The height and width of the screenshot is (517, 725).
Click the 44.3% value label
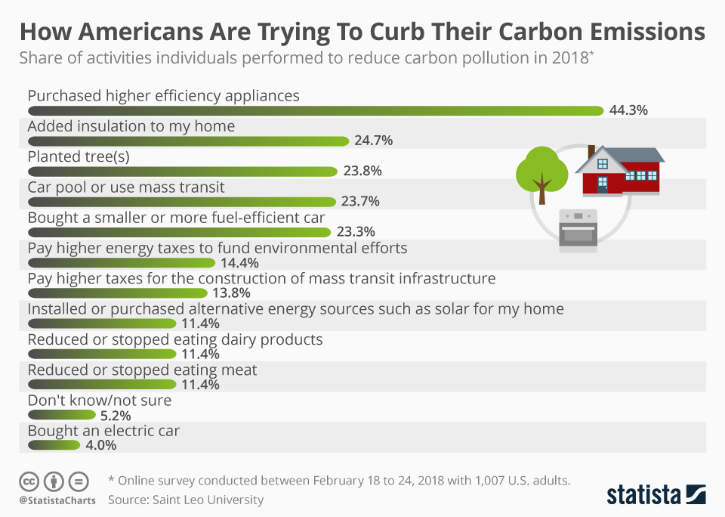[628, 110]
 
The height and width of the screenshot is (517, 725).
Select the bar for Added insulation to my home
[189, 141]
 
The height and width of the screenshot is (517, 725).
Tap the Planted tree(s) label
[79, 156]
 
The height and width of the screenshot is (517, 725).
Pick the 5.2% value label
[116, 415]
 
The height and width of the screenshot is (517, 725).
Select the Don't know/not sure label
[100, 400]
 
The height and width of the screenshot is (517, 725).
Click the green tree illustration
[541, 172]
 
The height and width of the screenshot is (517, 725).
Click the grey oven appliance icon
[578, 229]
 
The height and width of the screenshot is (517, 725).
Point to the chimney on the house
[591, 150]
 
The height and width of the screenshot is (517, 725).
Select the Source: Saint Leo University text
[186, 499]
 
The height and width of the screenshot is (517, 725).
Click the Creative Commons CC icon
[29, 481]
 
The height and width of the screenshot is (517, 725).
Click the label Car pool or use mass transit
[126, 187]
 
